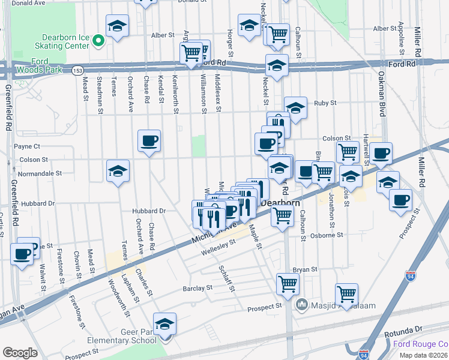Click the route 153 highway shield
pyautogui.click(x=78, y=70)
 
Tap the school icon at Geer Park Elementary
pyautogui.click(x=164, y=325)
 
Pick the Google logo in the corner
pyautogui.click(x=20, y=353)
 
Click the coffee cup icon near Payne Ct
pyautogui.click(x=149, y=142)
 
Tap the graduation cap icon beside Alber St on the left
pyautogui.click(x=118, y=26)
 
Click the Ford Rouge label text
pyautogui.click(x=420, y=344)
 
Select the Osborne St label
pyautogui.click(x=327, y=236)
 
